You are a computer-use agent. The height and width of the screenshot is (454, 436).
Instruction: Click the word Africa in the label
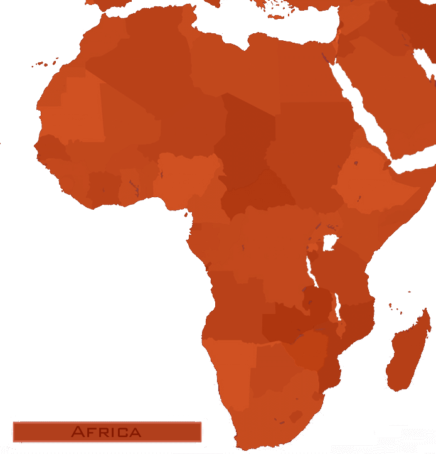coord(106,432)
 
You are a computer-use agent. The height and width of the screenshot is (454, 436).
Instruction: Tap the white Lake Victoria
coord(329,242)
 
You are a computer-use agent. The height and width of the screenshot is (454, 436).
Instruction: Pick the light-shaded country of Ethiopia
coord(370,182)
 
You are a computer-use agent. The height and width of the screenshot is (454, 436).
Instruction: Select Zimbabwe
coord(307,349)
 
